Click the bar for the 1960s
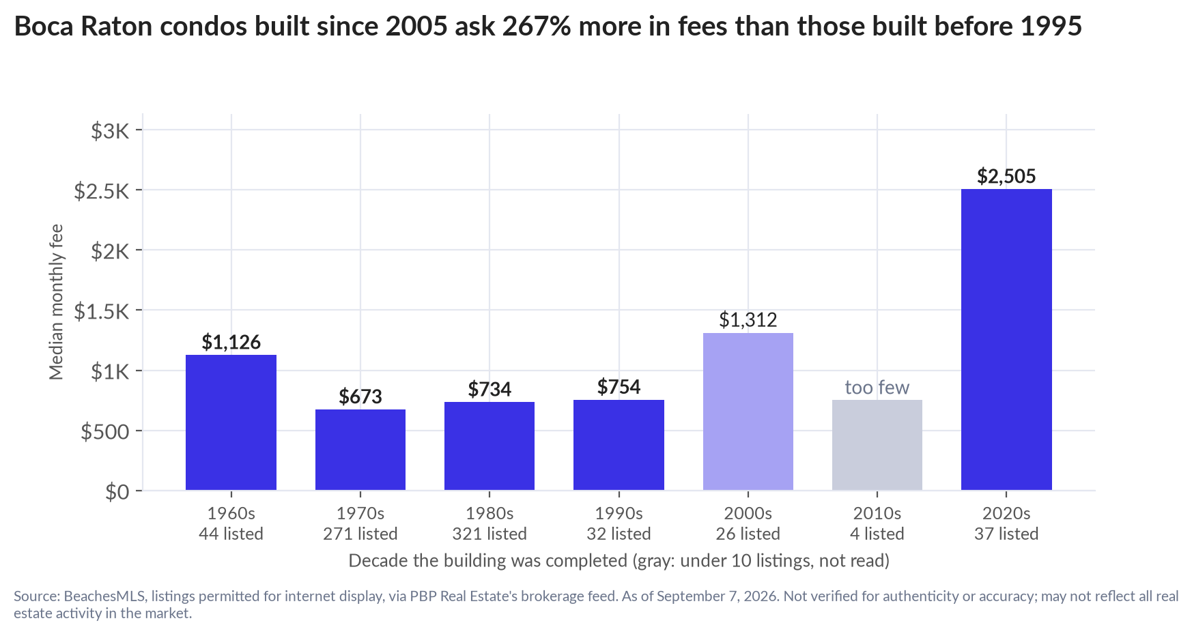[231, 422]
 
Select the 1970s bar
[360, 450]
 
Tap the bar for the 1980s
[489, 446]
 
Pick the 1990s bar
[619, 445]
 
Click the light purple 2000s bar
[748, 411]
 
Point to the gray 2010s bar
[877, 445]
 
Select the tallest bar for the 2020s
[1006, 339]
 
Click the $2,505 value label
[1006, 176]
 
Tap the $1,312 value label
[748, 319]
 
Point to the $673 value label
[360, 396]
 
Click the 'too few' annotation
[877, 388]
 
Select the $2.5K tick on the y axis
[102, 190]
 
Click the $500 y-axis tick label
[105, 431]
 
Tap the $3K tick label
[111, 130]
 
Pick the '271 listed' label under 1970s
[360, 534]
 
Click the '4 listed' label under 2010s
[877, 534]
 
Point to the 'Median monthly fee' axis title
[56, 302]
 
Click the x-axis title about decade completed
[619, 561]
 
